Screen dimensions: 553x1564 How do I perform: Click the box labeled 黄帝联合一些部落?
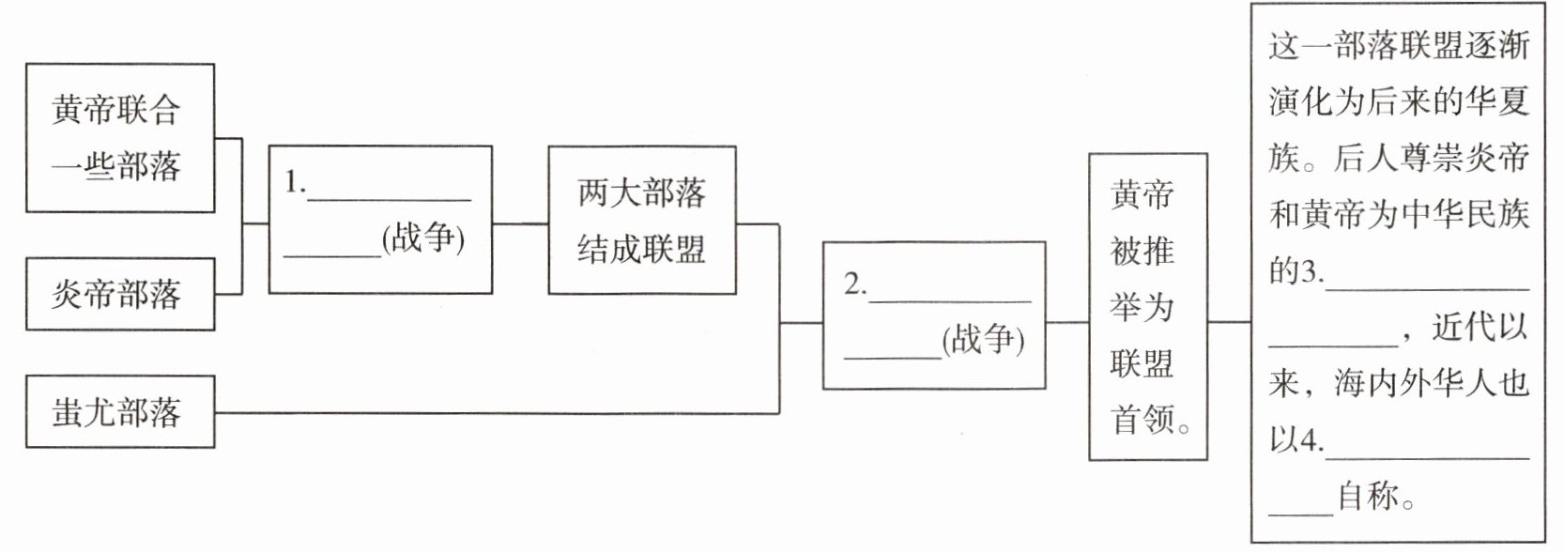pos(119,138)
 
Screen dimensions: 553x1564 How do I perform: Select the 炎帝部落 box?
pos(119,295)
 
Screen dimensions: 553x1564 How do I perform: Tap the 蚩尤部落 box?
pos(119,412)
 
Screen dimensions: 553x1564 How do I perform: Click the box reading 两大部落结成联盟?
pos(641,221)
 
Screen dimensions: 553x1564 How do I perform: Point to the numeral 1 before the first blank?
pos(293,183)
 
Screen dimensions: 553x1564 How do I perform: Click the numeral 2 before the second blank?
pos(852,284)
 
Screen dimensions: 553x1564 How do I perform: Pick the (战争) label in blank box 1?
pos(423,238)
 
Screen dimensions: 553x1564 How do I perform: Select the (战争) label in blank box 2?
pos(982,338)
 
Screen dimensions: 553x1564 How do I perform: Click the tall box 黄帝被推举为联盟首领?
pos(1147,307)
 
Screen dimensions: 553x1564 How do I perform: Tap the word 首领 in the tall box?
pos(1142,419)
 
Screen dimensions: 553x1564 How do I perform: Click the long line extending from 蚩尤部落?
pos(498,413)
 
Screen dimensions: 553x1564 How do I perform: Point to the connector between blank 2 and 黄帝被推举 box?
pos(1066,321)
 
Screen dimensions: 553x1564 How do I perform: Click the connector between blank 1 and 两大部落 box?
pos(520,223)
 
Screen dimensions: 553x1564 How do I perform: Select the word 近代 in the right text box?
pos(1464,328)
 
